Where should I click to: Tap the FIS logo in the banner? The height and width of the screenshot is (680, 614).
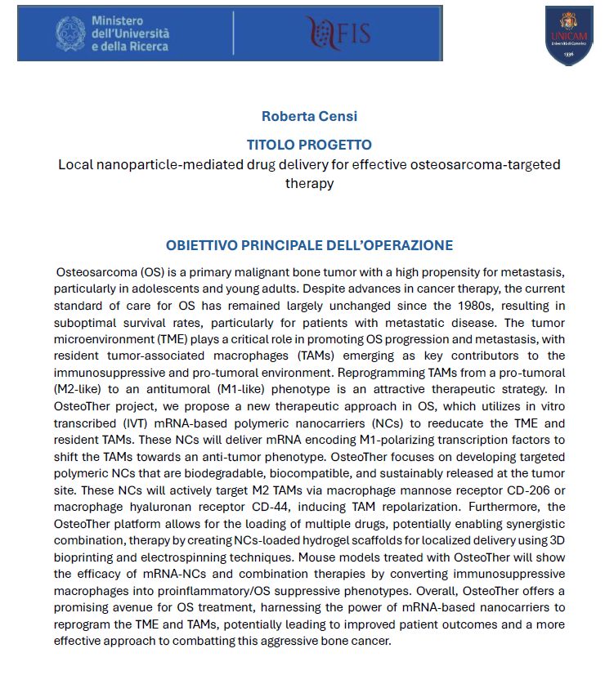[338, 32]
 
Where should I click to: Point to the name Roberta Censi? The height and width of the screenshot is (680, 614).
[308, 117]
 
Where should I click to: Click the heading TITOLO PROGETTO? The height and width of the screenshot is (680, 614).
[308, 145]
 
